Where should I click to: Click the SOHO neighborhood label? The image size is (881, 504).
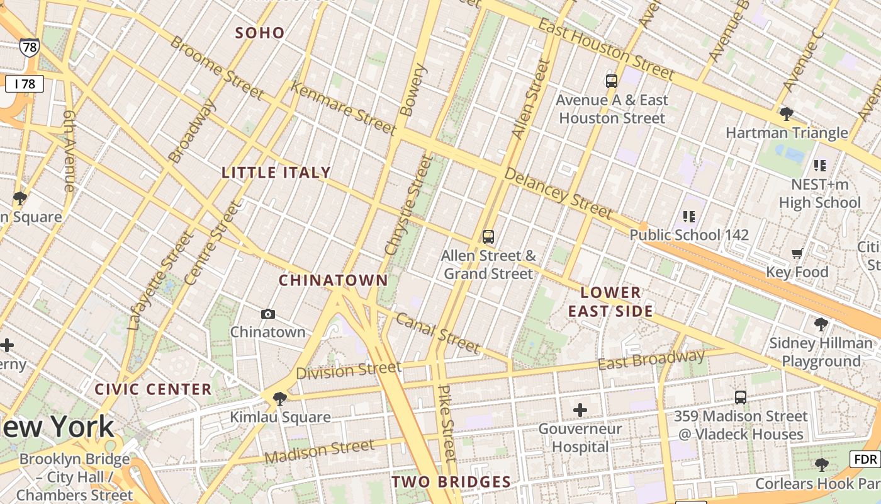coord(260,33)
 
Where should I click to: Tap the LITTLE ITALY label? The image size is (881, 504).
coord(276,173)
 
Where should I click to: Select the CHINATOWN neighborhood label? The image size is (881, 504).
coord(334,280)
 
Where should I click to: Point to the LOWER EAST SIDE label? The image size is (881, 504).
coord(610,302)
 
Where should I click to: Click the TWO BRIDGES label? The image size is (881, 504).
coord(451,483)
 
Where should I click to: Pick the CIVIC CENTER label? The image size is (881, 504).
coord(154,389)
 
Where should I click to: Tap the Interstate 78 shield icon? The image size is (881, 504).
coord(29,47)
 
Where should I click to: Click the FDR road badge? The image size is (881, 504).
coord(867,459)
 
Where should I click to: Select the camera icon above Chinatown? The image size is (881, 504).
coord(268,314)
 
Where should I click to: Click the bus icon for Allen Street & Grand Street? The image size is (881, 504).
coord(488,237)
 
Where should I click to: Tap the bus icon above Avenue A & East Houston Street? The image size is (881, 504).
coord(611,81)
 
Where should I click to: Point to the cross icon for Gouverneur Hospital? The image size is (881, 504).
coord(580,411)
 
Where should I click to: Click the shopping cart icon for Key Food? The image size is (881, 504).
coord(797,254)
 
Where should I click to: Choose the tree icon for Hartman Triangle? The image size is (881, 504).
coord(786,114)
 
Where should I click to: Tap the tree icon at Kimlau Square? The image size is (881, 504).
coord(280,398)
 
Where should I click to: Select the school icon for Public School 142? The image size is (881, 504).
coord(689,217)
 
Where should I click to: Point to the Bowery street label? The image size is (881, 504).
coord(413,90)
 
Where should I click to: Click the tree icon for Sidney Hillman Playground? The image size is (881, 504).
coord(821,325)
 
